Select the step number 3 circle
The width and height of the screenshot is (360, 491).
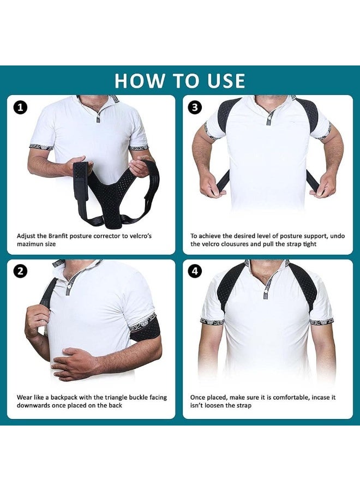coord(195,107)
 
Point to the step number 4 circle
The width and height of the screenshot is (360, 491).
coord(195,271)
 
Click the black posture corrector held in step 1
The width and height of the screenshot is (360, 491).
coord(109,191)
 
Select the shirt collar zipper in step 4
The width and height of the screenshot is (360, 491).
coord(267,284)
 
